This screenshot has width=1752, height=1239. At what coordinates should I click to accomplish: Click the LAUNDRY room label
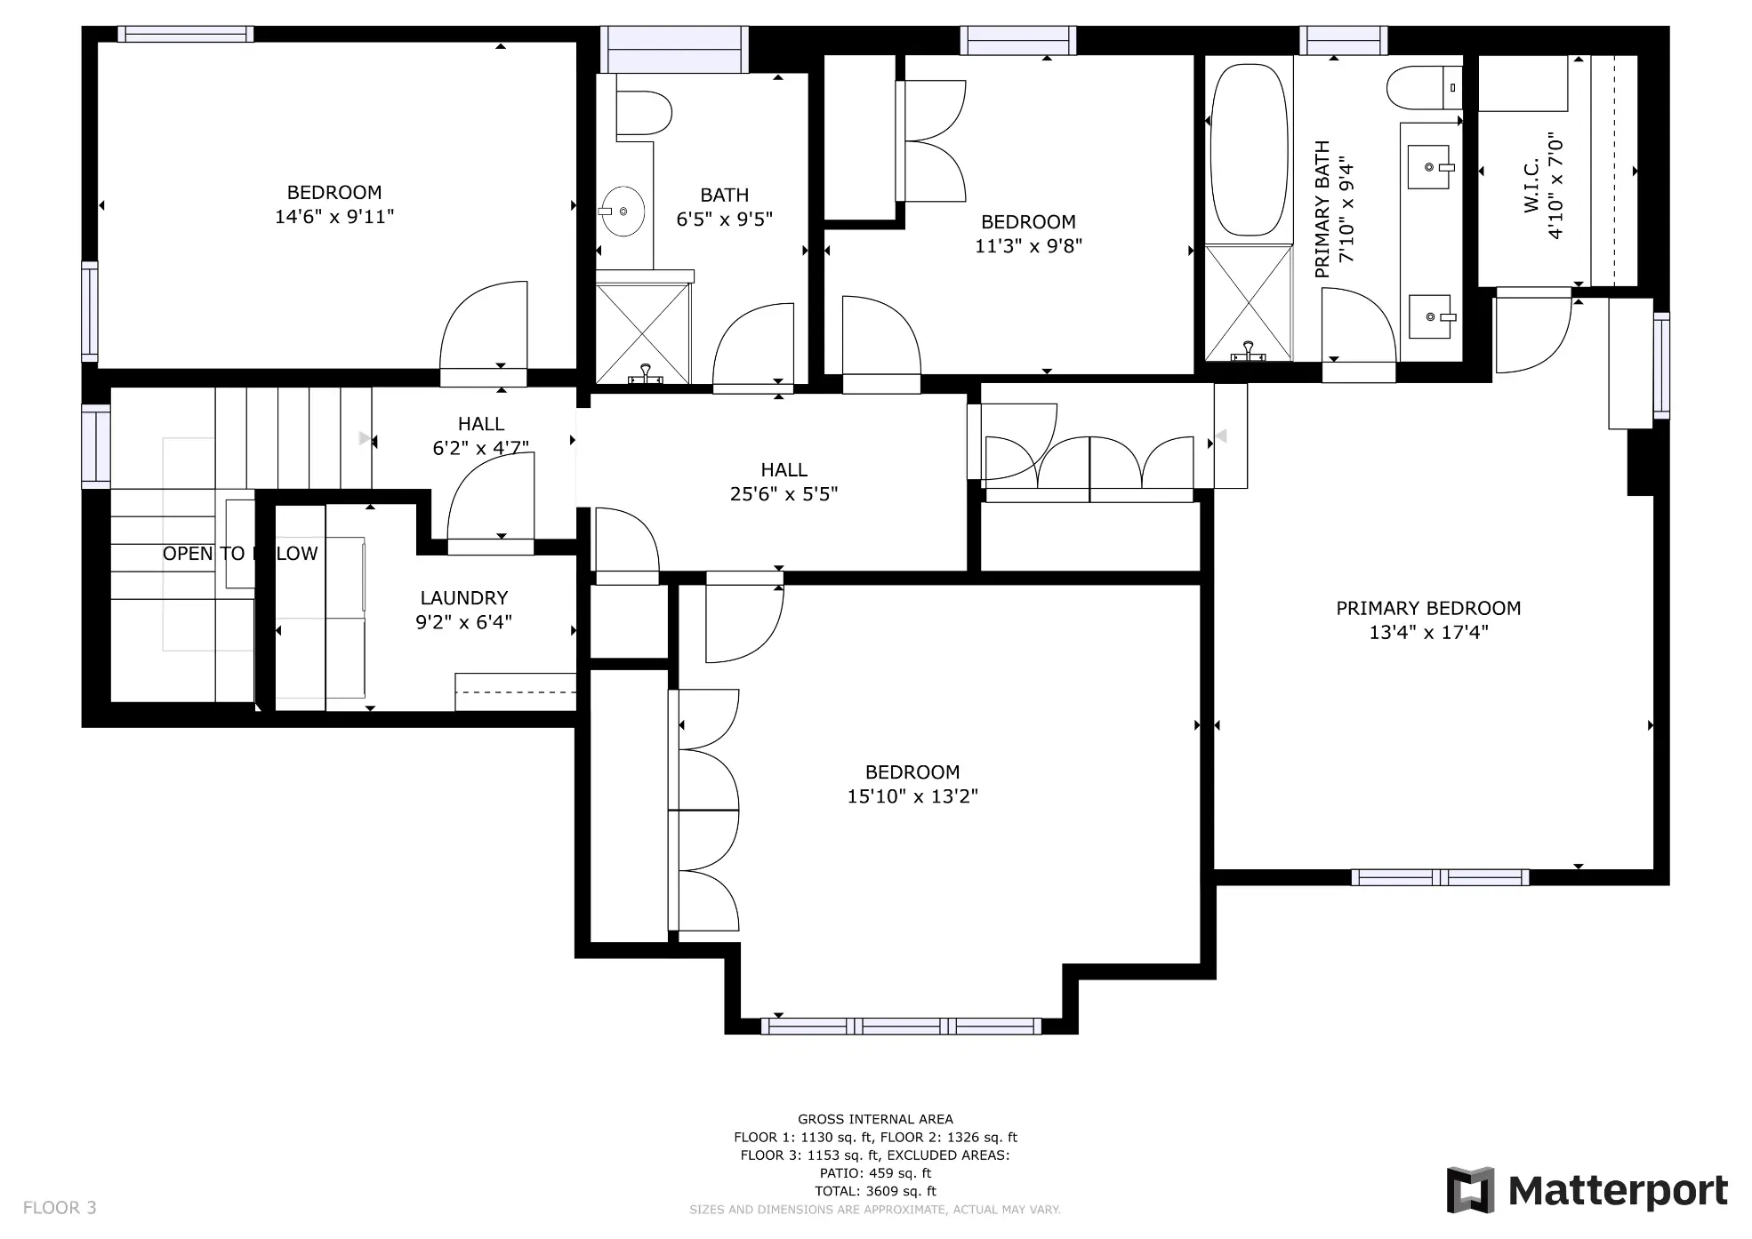[463, 598]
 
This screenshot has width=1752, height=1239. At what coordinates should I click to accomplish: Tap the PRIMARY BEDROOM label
[1428, 609]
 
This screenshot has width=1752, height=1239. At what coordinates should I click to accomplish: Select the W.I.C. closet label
[1531, 186]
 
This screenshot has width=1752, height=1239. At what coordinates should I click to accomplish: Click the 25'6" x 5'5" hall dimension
[784, 494]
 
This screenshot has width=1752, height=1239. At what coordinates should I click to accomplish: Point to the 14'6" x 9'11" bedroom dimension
[334, 217]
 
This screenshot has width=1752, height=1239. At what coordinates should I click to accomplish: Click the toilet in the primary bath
[1424, 88]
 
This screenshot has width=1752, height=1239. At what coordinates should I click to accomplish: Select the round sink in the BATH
[622, 212]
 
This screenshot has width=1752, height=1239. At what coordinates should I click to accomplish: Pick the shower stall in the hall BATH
[643, 333]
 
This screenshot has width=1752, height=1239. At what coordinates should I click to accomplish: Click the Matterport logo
[1587, 1190]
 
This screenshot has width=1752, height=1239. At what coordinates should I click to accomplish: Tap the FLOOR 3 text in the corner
[60, 1208]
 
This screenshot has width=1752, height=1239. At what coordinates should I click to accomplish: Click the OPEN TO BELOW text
[239, 554]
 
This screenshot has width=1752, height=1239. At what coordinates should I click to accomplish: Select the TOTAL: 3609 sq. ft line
[875, 1191]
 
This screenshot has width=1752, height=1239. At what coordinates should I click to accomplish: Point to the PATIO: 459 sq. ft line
[875, 1173]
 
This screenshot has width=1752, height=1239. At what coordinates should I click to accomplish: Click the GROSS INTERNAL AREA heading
[875, 1120]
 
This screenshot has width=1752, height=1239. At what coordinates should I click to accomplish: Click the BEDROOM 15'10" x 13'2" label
[912, 784]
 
